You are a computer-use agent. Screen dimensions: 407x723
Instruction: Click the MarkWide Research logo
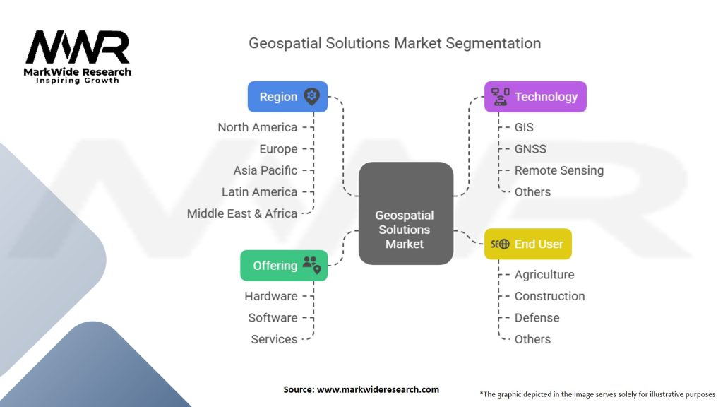click(x=78, y=56)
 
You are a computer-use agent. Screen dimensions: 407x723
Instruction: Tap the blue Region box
click(x=287, y=97)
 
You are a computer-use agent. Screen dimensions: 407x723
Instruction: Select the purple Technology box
click(x=534, y=97)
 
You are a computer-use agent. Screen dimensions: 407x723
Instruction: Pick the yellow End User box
click(x=527, y=244)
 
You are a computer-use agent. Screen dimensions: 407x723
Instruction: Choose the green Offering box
click(x=284, y=266)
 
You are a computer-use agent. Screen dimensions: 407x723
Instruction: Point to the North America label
click(x=257, y=127)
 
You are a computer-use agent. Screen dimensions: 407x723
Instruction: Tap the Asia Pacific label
click(x=265, y=170)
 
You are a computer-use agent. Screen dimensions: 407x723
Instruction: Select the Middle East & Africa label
click(x=242, y=213)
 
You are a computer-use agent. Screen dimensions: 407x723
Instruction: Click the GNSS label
click(x=530, y=149)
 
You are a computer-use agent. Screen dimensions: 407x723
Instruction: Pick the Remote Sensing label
click(x=558, y=170)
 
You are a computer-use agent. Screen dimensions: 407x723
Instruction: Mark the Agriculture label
click(x=544, y=275)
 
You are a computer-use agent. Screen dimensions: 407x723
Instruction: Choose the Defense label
click(x=537, y=318)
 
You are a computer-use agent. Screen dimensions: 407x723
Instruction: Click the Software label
click(x=273, y=318)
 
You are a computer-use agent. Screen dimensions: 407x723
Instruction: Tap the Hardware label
click(x=271, y=296)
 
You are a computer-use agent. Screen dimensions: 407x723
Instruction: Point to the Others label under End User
click(x=532, y=339)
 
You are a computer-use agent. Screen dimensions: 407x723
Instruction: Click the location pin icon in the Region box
click(x=311, y=97)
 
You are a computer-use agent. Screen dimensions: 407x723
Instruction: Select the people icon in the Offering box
click(x=311, y=265)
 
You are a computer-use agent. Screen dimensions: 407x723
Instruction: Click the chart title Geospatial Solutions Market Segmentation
click(x=394, y=43)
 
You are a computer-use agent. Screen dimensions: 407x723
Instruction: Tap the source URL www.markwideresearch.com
click(x=361, y=389)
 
